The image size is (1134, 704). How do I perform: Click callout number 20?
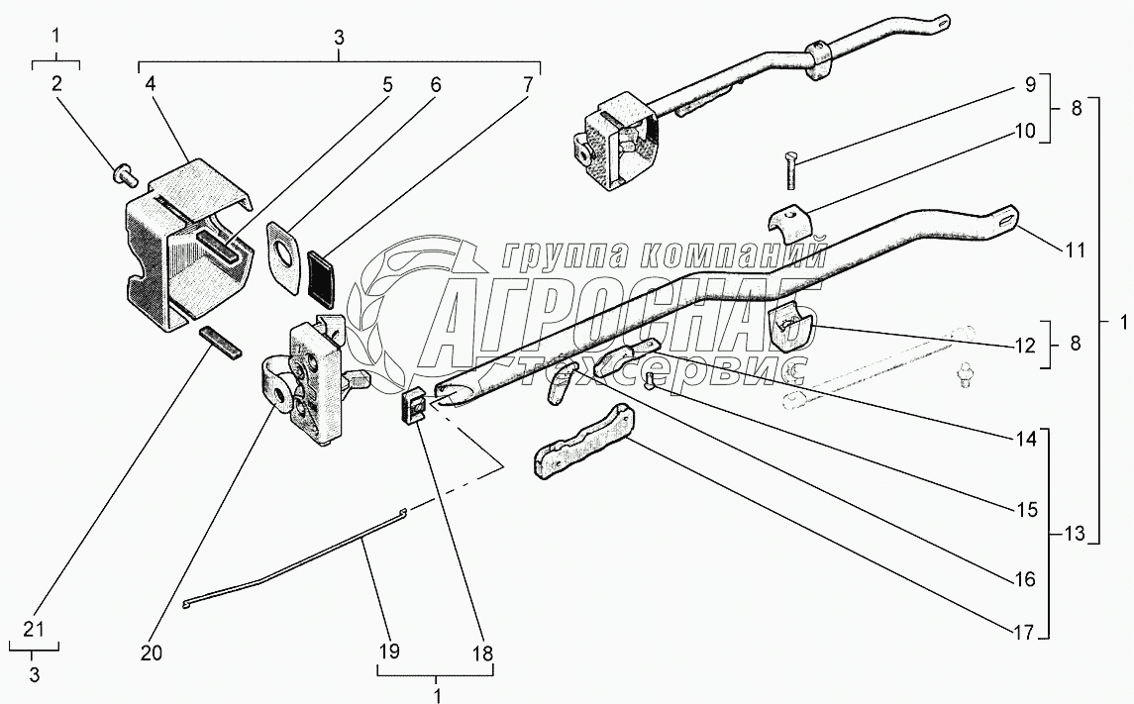pos(152,654)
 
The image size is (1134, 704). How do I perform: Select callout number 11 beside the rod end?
pos(1075,251)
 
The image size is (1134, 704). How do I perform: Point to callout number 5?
pos(387,84)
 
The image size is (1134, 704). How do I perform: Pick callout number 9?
pos(1026,84)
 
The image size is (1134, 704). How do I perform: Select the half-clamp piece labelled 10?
pos(789,223)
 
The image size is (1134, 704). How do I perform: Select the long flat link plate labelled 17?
pos(584,450)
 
